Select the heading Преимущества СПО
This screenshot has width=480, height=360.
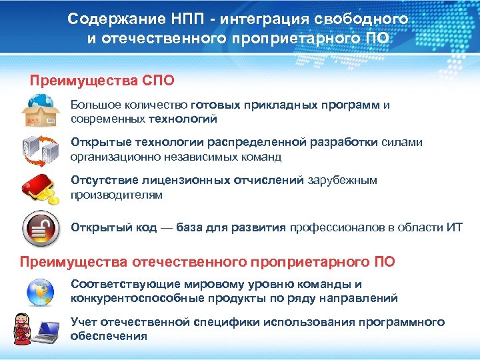[102, 81]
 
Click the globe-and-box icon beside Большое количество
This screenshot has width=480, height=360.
[41, 111]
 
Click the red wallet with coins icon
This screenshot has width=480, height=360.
[42, 187]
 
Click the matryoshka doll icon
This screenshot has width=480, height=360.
[23, 327]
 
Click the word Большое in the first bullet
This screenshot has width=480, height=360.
[93, 105]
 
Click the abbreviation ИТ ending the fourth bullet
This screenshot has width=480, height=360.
[454, 228]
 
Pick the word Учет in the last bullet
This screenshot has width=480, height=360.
[84, 322]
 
